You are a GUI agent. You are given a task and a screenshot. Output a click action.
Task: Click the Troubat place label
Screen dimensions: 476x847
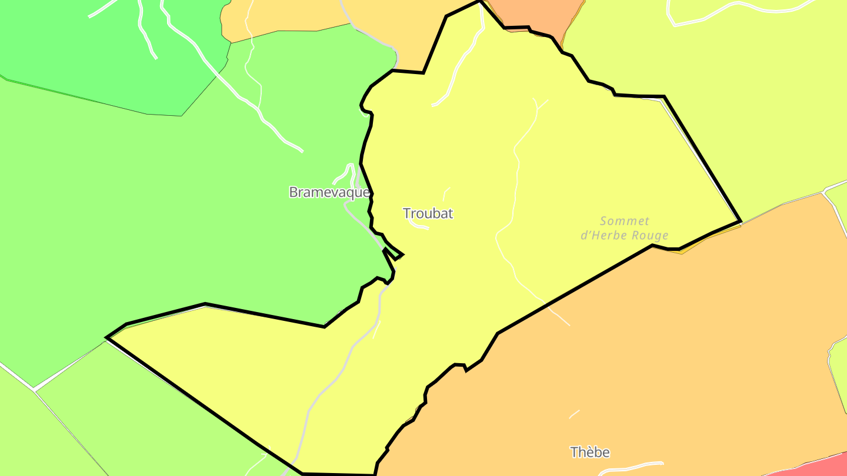(x=428, y=213)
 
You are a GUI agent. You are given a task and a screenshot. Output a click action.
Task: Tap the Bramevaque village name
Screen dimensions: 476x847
(x=329, y=192)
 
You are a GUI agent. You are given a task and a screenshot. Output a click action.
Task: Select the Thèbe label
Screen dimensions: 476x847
(x=590, y=452)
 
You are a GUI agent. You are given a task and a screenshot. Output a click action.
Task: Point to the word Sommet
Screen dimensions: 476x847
(x=625, y=222)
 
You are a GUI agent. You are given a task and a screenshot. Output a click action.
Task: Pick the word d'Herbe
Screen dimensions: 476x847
(x=602, y=236)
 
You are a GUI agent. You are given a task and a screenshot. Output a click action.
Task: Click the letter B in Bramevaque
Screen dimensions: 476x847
(x=293, y=192)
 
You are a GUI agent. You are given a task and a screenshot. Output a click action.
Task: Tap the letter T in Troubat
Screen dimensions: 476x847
(x=406, y=213)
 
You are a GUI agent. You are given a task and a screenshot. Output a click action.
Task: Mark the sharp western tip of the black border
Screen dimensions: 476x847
(x=107, y=337)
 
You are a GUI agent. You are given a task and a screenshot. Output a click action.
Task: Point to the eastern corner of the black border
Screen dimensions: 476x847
(x=740, y=222)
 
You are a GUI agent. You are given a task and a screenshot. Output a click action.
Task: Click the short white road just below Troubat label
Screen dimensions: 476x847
(x=419, y=225)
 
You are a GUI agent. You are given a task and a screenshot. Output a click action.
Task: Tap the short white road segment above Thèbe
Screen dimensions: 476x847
(x=574, y=414)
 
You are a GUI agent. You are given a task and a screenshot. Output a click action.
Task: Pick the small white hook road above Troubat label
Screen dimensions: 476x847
(x=446, y=192)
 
